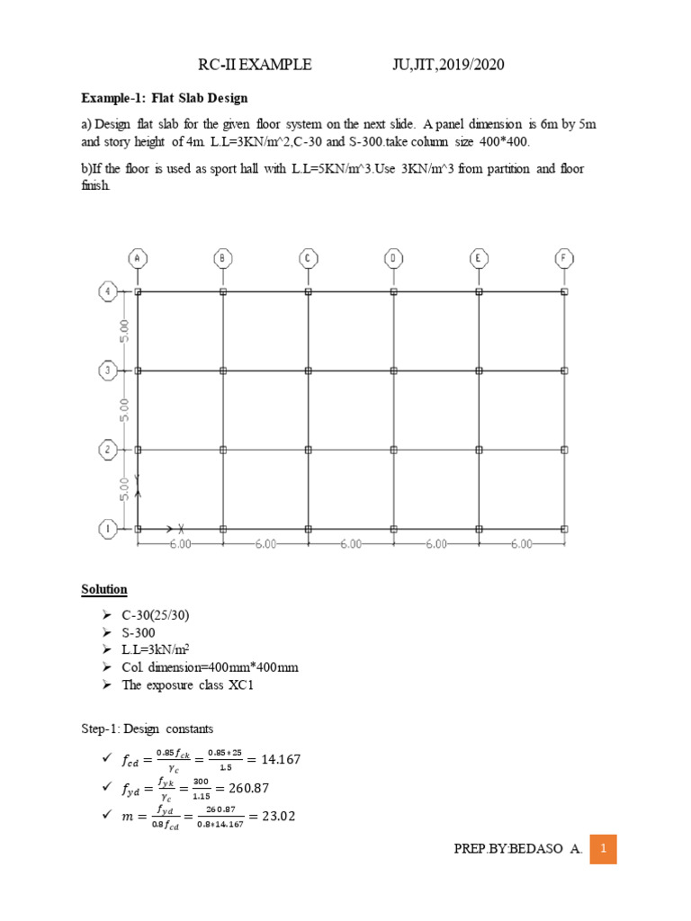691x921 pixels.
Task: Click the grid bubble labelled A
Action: click(x=138, y=259)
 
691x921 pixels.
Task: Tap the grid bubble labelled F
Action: click(x=564, y=259)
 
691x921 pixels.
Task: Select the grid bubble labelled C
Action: click(x=308, y=259)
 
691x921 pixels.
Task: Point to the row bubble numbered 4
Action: click(x=106, y=291)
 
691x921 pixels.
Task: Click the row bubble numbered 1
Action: click(x=106, y=529)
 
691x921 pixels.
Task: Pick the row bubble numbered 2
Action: click(x=106, y=450)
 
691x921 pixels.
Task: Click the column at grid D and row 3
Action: click(x=393, y=371)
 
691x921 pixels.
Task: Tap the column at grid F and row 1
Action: click(x=564, y=529)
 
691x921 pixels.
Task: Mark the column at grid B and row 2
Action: click(x=223, y=450)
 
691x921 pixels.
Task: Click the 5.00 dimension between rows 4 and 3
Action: click(x=126, y=330)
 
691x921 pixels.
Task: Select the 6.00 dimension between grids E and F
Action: click(x=521, y=544)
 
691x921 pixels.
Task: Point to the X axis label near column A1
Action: click(x=181, y=528)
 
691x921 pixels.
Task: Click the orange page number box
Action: click(x=603, y=849)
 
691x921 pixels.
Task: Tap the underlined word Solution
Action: click(x=104, y=590)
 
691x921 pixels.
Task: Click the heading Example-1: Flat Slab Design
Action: click(x=165, y=97)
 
